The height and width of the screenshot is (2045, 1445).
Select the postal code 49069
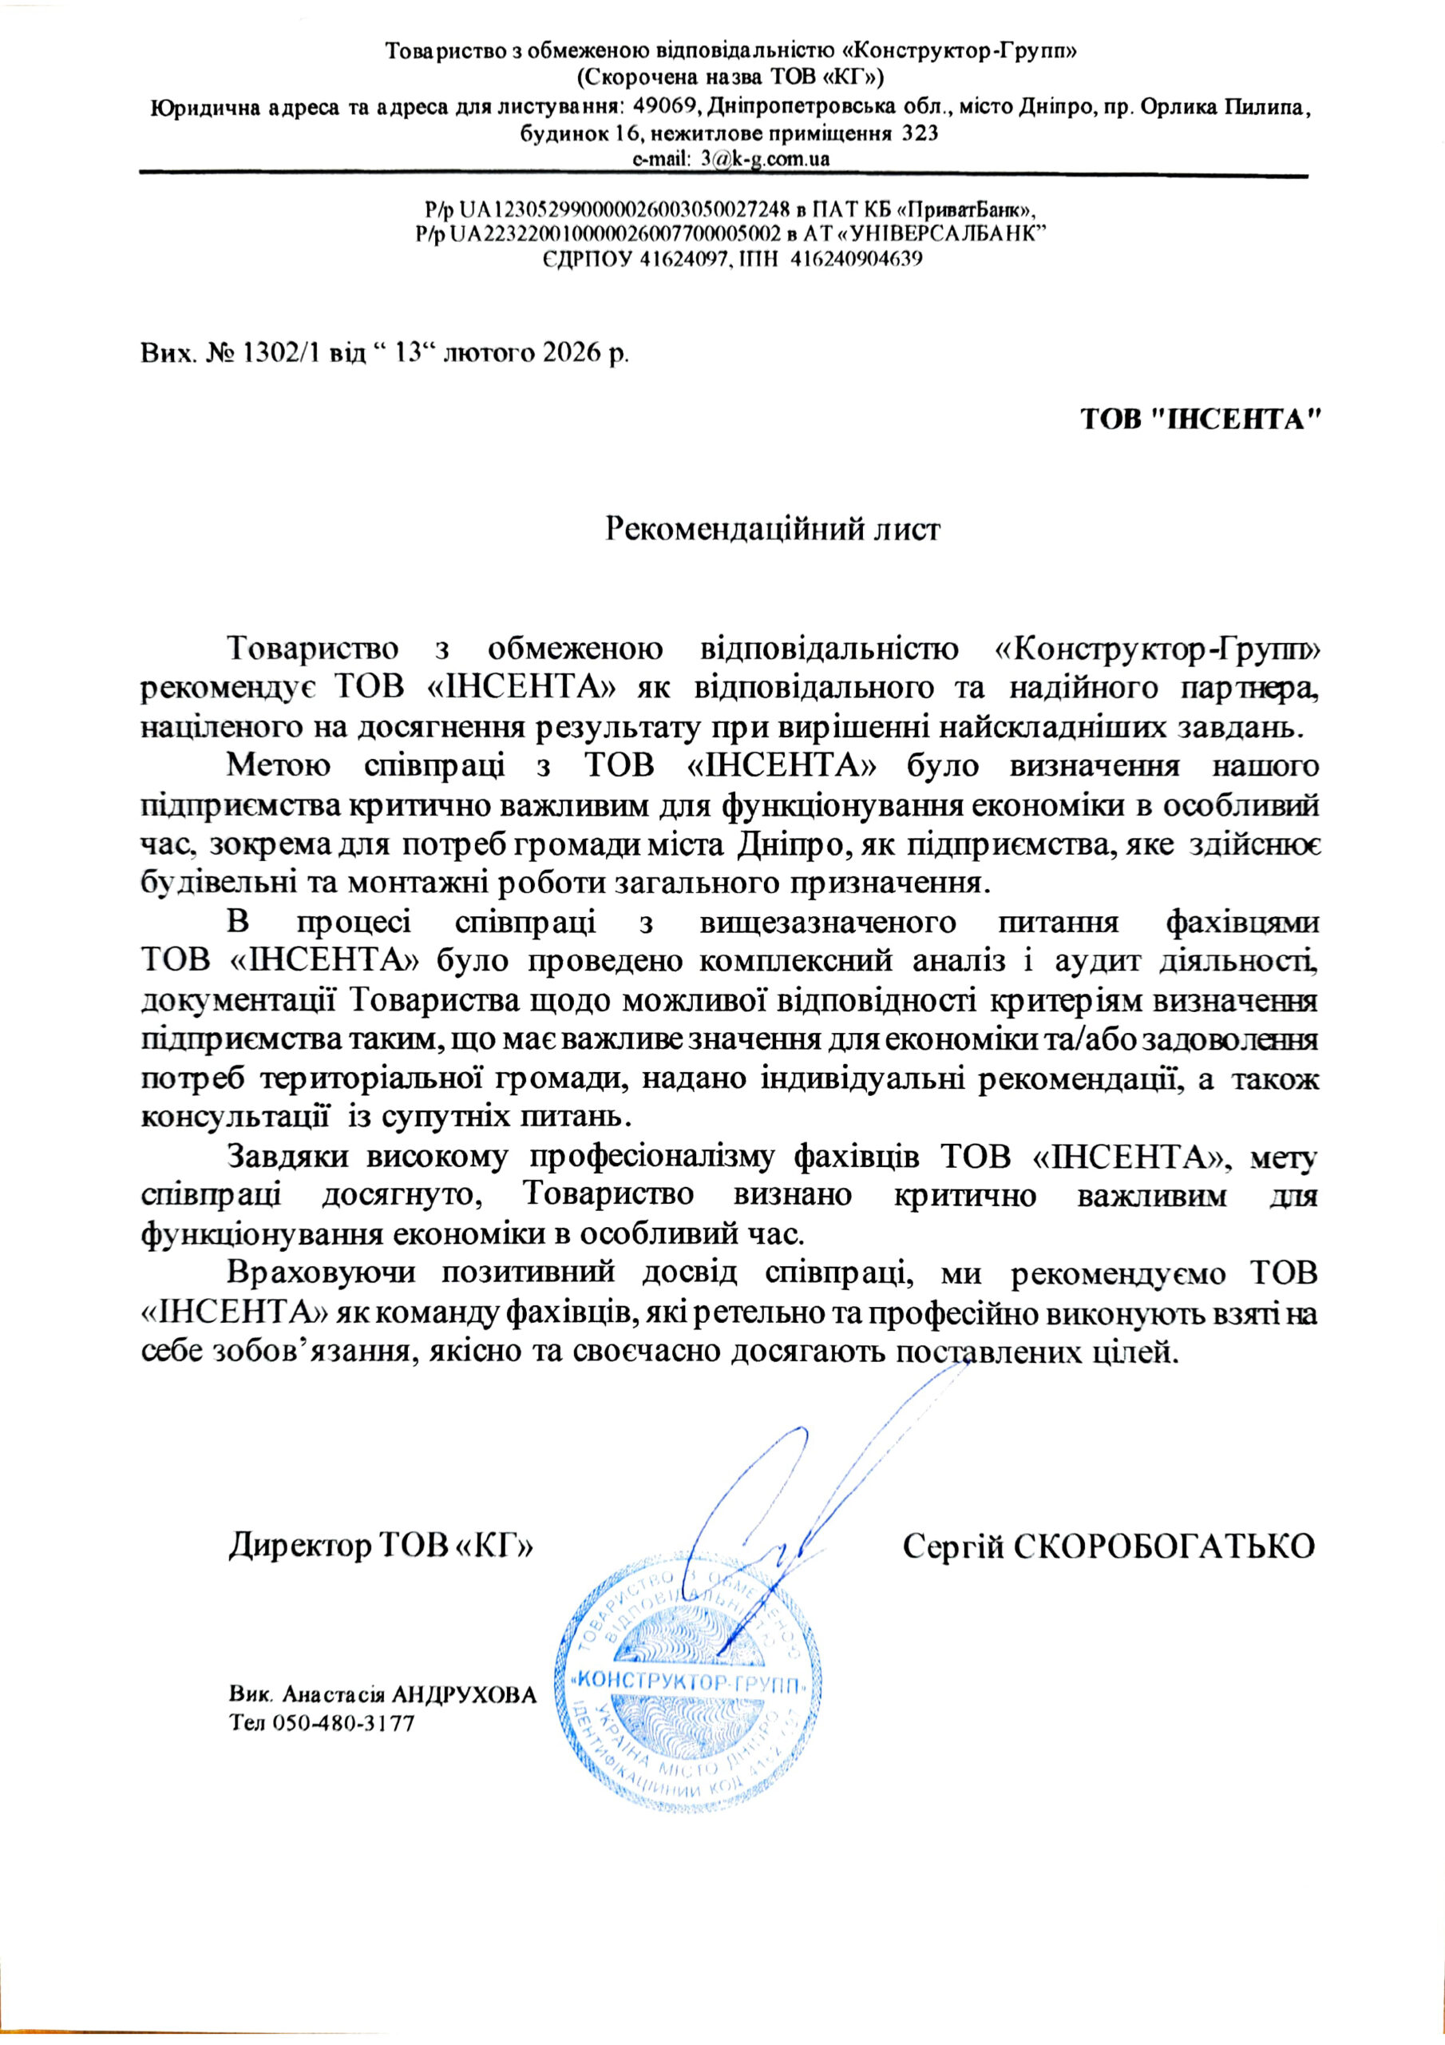tap(659, 109)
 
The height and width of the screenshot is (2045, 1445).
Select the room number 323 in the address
tap(920, 133)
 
